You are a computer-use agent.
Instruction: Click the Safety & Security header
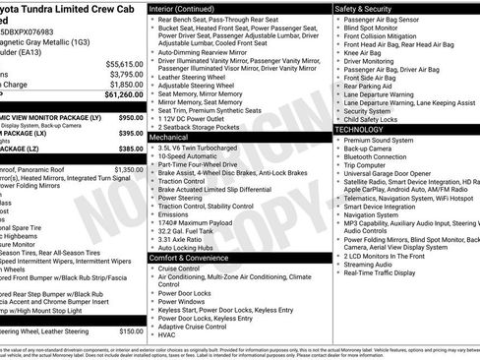369,8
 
